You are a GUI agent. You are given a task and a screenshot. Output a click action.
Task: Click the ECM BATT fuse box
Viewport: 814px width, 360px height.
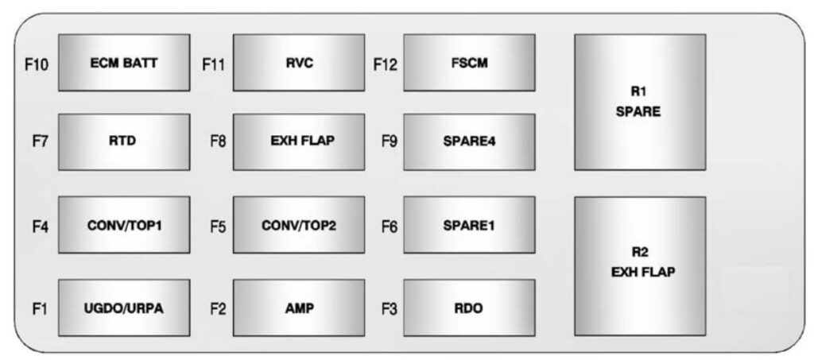[123, 63]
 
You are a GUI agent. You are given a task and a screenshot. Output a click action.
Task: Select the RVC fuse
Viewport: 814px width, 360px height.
[298, 63]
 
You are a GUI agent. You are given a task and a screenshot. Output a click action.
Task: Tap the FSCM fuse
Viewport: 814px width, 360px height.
[469, 63]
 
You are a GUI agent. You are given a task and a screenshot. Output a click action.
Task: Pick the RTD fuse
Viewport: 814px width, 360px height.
[123, 141]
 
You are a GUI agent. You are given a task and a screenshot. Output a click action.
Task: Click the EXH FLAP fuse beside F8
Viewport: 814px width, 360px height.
[298, 141]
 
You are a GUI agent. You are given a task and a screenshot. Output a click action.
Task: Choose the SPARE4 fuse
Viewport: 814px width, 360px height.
[469, 141]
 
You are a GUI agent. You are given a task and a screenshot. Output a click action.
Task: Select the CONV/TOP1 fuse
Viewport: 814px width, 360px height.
[123, 225]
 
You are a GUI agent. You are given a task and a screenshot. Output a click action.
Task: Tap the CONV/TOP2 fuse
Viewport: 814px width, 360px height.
[298, 225]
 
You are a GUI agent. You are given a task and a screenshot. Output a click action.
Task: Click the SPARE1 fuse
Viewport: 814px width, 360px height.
[469, 225]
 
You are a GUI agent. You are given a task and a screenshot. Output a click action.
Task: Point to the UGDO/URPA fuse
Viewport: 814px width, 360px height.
[123, 308]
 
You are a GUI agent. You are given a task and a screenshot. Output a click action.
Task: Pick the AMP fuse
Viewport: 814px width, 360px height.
[298, 308]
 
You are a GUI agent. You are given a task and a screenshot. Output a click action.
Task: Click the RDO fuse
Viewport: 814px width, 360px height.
[469, 308]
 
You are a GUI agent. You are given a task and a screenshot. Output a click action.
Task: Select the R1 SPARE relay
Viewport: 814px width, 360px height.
[639, 102]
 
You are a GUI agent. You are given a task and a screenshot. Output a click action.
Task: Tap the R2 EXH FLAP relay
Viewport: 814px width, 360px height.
[639, 265]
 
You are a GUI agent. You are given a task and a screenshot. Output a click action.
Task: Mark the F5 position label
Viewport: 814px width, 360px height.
[218, 226]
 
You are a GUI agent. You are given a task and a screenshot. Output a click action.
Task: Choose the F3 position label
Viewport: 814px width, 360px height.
[389, 308]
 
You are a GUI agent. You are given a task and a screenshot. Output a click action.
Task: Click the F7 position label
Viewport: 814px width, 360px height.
[40, 142]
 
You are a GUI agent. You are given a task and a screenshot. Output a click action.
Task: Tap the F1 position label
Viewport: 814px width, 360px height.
[40, 308]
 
